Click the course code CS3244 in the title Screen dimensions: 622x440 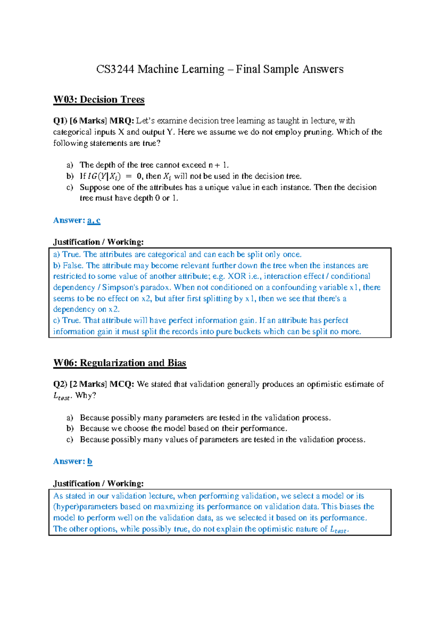[x=115, y=69]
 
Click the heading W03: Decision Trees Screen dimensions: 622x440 [x=99, y=100]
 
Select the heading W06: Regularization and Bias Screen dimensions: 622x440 [x=120, y=363]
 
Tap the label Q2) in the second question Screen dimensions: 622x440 [x=60, y=384]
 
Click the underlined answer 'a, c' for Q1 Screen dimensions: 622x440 [x=94, y=220]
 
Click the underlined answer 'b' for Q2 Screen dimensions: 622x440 [x=90, y=461]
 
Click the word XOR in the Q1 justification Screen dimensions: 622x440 [x=237, y=276]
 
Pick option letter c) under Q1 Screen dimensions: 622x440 [x=70, y=187]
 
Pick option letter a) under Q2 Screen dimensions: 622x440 [x=70, y=418]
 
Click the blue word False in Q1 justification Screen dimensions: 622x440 [x=72, y=266]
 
